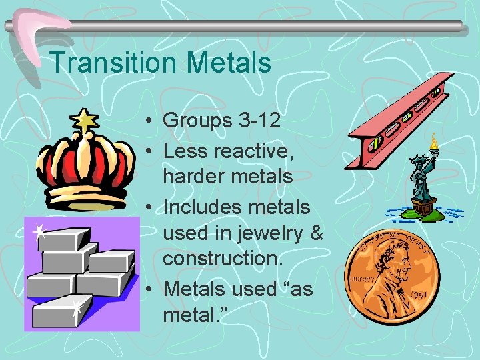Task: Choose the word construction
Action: [219, 258]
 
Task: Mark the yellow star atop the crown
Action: [85, 120]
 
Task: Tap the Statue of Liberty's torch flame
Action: [434, 141]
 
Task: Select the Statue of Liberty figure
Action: [422, 180]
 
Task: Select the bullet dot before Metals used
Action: [152, 289]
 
